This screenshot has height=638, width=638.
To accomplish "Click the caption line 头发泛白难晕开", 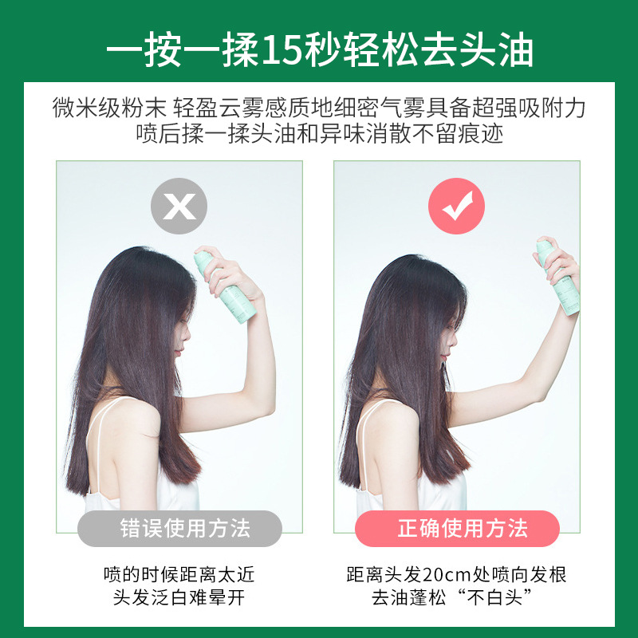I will [x=179, y=597].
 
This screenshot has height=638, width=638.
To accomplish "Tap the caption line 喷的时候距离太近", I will [x=179, y=575].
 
